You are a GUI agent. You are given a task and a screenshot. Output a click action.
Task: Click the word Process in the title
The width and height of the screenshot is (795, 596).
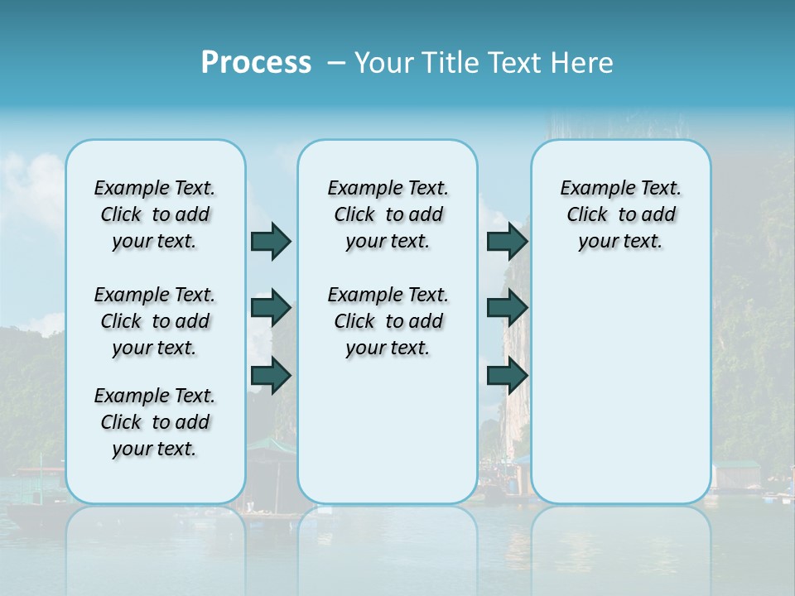tap(256, 62)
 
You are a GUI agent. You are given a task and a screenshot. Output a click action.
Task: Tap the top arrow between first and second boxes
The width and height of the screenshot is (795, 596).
tap(271, 241)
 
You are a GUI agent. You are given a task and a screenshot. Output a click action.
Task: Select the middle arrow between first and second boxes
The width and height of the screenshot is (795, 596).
tap(271, 308)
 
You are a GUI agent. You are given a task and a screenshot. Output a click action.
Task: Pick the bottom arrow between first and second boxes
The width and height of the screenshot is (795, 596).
tap(271, 375)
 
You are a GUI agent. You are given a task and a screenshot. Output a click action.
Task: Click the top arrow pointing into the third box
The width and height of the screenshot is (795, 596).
tap(507, 241)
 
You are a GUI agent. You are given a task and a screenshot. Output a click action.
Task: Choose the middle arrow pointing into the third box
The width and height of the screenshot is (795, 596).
tap(507, 308)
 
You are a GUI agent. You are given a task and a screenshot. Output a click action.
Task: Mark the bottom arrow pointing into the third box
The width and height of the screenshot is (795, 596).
tap(507, 375)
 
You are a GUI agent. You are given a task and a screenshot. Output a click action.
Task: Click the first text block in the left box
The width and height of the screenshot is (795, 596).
tap(155, 214)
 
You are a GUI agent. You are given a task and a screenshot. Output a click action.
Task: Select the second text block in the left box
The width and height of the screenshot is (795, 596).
tap(155, 321)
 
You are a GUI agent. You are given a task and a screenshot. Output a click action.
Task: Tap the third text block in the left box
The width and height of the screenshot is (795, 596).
tap(155, 422)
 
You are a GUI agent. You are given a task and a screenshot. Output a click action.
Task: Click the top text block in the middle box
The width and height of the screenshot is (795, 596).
tap(388, 214)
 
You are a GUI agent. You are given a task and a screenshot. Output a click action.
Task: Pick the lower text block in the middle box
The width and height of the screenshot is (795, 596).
tap(388, 321)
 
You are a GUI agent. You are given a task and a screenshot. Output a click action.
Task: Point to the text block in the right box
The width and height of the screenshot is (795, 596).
tap(621, 214)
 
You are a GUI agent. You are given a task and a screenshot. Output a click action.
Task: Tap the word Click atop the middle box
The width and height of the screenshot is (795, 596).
tap(354, 215)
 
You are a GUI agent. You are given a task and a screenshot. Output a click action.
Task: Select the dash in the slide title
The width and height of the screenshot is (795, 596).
tap(336, 62)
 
